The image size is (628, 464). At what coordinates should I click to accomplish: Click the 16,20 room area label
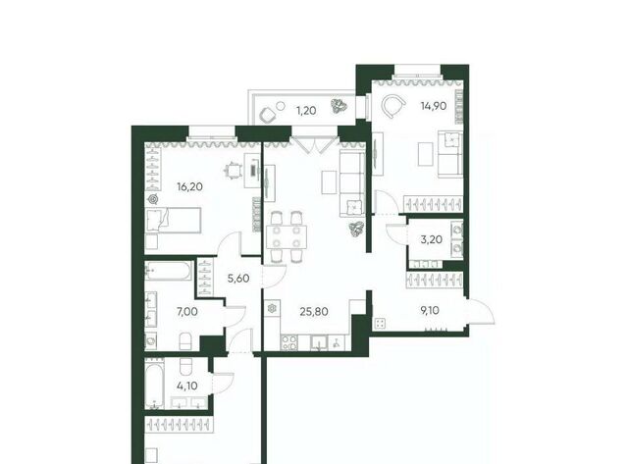(189, 186)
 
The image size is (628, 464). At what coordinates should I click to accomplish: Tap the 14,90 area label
(434, 106)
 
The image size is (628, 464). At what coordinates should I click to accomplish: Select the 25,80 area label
(314, 311)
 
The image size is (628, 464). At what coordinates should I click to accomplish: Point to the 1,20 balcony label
(306, 111)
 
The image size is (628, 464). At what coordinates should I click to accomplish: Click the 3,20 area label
(432, 239)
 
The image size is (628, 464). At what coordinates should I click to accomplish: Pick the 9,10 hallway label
(430, 310)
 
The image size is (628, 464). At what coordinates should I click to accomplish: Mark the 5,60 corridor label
(238, 279)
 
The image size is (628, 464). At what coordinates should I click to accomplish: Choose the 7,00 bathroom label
(187, 311)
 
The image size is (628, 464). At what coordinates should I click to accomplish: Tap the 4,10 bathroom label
(187, 386)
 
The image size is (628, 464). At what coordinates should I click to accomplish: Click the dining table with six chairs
(286, 236)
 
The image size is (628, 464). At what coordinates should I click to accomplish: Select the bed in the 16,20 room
(173, 220)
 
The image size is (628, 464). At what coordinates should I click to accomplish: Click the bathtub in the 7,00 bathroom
(169, 270)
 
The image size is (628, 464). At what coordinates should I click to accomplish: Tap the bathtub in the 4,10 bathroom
(155, 385)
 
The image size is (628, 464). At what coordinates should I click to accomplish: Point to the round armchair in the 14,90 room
(392, 105)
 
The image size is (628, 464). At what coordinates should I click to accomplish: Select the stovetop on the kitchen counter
(289, 342)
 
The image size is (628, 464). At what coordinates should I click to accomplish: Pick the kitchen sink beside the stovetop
(319, 342)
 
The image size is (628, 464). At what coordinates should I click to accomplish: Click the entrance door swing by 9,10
(482, 311)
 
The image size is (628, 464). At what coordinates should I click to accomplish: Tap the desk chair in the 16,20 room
(233, 172)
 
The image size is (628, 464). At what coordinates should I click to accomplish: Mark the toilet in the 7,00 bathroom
(185, 341)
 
